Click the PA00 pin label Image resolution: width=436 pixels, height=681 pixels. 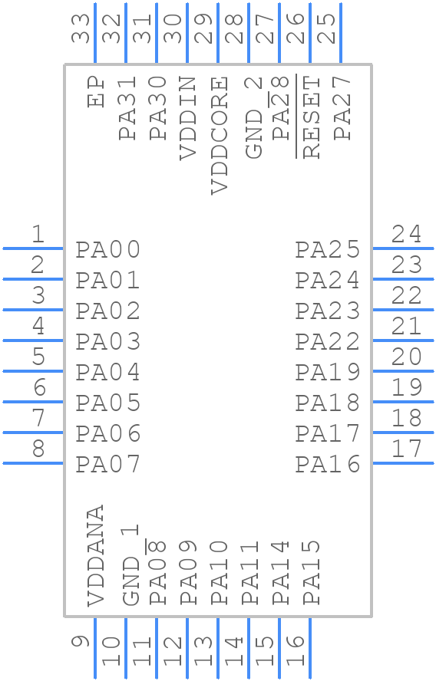point(108,250)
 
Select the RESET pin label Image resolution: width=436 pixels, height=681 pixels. point(311,117)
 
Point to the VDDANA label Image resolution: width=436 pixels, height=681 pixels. point(96,556)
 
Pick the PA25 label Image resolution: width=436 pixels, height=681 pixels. point(328,250)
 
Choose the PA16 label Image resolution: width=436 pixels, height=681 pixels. point(328,465)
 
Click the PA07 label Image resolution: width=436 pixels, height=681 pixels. point(108,465)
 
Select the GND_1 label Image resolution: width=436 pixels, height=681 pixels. point(131,564)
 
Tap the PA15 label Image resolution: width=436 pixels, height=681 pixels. point(311,572)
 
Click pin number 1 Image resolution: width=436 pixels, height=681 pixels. point(37,234)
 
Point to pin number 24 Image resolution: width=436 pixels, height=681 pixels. point(406,234)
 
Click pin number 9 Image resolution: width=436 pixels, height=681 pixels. point(81,641)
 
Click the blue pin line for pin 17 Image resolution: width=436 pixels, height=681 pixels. point(403,463)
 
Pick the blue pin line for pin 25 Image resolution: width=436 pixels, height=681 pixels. point(340,33)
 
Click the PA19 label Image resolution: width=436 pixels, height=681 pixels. point(328,373)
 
